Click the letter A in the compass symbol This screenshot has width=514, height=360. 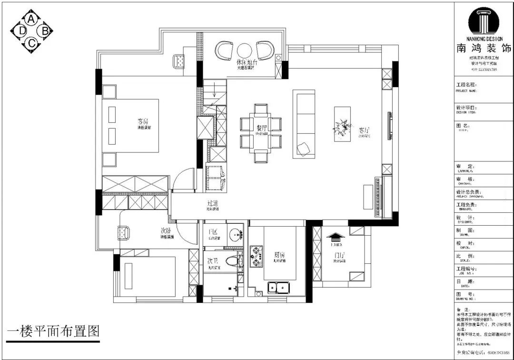(x=31, y=19)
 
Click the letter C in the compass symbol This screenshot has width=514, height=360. (x=31, y=43)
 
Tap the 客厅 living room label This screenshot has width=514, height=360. (x=365, y=130)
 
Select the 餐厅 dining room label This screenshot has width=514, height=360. (x=262, y=128)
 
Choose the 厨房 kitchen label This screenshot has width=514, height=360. (x=280, y=254)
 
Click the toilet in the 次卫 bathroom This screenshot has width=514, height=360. (x=231, y=261)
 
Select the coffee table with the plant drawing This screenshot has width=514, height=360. (x=342, y=123)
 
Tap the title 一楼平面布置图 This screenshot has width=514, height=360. (x=53, y=331)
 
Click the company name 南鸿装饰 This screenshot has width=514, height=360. (x=484, y=48)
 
